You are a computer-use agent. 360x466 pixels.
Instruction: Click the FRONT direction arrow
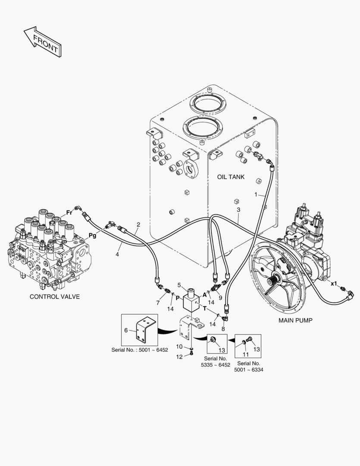point(41,41)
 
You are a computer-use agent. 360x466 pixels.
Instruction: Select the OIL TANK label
point(230,177)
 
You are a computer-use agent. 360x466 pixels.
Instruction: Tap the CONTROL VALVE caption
point(54,297)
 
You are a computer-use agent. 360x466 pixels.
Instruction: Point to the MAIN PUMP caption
point(295,320)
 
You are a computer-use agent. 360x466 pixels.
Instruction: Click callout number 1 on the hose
point(256,195)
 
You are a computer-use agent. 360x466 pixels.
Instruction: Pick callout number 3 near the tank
point(238,210)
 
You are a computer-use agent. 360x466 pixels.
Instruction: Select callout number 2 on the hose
point(138,224)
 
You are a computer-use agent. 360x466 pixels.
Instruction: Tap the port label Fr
point(68,213)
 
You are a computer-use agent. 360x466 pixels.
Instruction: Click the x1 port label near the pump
point(333,283)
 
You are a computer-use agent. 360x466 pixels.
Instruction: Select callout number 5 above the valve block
point(178,285)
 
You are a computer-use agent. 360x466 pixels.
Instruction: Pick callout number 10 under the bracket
point(179,347)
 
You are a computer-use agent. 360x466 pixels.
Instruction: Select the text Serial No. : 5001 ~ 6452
point(139,350)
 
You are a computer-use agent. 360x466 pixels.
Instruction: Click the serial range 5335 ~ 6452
point(215,365)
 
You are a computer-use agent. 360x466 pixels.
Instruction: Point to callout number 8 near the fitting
point(223,329)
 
